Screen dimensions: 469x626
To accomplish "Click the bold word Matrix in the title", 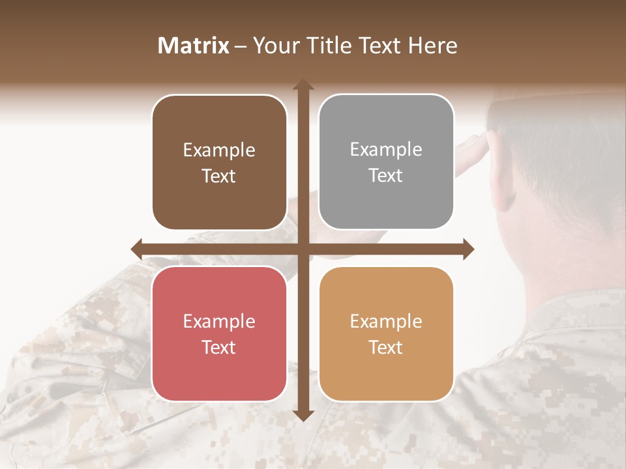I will pos(194,46).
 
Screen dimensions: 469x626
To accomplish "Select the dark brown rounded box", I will pos(219,162).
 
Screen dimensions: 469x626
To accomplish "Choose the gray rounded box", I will pos(386,162).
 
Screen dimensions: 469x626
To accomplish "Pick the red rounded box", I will pos(219,334).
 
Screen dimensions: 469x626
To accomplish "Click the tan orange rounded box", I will pos(386,334).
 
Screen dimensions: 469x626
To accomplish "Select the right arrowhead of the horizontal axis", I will pos(468,249).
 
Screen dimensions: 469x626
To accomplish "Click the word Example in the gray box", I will pos(386,150).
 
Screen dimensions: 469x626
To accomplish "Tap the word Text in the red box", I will pos(219,347).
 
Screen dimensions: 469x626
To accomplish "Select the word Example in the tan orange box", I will pos(386,321).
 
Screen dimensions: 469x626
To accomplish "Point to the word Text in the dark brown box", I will pos(219,176).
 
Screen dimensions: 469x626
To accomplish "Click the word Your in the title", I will pos(272,46).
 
